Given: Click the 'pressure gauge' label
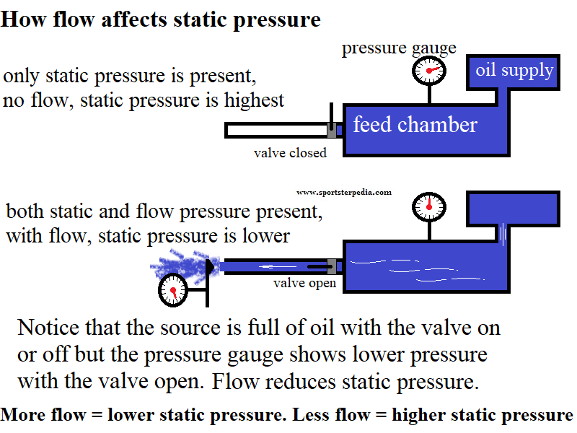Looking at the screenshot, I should click(x=399, y=48).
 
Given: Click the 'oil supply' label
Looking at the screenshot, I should click(x=514, y=70).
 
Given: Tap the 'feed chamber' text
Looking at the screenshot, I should click(x=415, y=125).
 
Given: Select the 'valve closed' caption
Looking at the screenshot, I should click(x=290, y=153).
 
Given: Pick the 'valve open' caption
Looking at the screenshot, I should click(x=304, y=283).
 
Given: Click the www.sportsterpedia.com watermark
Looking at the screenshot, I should click(x=344, y=193).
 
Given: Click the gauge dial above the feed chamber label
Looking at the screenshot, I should click(x=429, y=71).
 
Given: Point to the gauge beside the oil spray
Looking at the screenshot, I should click(x=173, y=292).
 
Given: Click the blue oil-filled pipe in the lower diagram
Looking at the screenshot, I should click(x=274, y=266).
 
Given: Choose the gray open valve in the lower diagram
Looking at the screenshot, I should click(x=332, y=266).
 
